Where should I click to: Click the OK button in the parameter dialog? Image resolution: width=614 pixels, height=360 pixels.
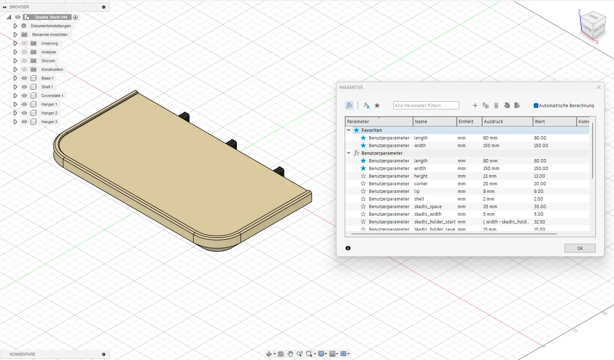coord(580,248)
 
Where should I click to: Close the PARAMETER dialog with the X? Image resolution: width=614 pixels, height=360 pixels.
coord(599,87)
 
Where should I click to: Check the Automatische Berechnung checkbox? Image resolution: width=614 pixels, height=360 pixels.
coord(536,106)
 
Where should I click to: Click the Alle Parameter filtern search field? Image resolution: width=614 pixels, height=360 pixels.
coord(426,106)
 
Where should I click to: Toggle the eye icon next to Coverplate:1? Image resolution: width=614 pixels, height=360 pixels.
coord(24,96)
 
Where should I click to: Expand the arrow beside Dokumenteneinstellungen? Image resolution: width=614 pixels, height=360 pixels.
coord(15,26)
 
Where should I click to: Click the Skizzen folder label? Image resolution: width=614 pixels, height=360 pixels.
coord(48,61)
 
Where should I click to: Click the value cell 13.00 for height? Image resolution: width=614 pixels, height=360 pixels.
coord(540,176)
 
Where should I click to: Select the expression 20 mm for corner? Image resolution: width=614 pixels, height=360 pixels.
coord(490,184)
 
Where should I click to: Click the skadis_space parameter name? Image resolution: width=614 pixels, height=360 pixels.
coord(428,207)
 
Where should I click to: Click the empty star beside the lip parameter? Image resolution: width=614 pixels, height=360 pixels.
coord(363,191)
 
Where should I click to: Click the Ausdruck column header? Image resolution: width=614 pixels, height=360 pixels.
coord(493,122)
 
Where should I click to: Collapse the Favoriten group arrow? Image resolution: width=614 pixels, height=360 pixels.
coord(349,130)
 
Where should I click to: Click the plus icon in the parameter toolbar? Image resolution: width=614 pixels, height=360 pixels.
coord(475,105)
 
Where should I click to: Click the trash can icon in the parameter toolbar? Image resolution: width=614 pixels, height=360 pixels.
coord(496,105)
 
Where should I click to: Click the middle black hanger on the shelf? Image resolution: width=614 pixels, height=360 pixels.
coord(232,143)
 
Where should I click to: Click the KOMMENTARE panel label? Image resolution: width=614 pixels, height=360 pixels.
coord(23,354)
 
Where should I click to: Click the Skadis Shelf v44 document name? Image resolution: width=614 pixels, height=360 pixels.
coord(51,17)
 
